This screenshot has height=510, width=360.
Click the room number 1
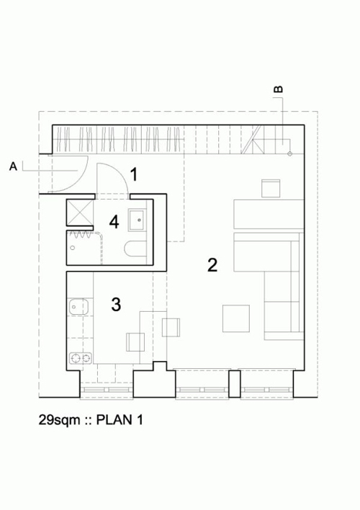click(x=134, y=173)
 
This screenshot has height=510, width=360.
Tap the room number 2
click(x=212, y=264)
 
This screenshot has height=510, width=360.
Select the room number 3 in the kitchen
click(x=116, y=304)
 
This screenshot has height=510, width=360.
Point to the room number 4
click(x=114, y=221)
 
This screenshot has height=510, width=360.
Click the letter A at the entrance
click(x=13, y=167)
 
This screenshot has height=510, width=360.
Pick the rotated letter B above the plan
click(x=279, y=89)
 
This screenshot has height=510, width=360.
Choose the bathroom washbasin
click(x=137, y=218)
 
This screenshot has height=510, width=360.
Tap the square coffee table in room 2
click(x=236, y=318)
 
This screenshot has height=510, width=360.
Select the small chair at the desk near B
click(x=271, y=189)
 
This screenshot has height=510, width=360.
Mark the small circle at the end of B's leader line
click(x=289, y=153)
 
